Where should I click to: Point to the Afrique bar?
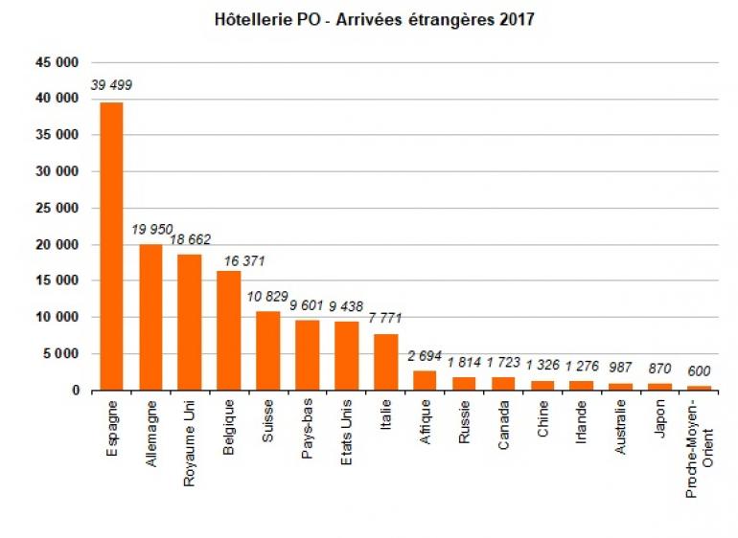click(x=424, y=380)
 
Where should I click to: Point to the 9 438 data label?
click(x=347, y=306)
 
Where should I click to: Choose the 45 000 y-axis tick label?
click(x=58, y=62)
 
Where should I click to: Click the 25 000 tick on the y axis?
click(x=58, y=209)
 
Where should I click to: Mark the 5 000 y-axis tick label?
click(x=61, y=354)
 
